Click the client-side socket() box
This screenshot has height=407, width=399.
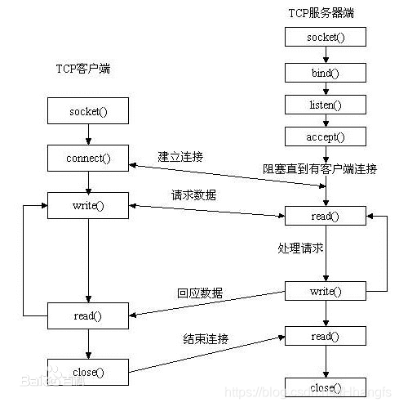[x=88, y=110]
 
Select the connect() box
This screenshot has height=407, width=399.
[x=88, y=157]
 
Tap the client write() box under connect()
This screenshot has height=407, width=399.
[x=88, y=205]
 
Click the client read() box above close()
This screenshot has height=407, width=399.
[x=88, y=315]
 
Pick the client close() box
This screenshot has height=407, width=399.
[x=88, y=373]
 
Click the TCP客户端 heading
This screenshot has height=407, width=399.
[x=77, y=69]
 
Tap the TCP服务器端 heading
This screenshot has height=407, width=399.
[x=321, y=12]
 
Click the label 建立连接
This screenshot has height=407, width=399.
[x=180, y=155]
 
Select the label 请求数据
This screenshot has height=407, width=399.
[x=193, y=195]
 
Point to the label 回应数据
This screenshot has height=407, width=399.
[x=200, y=293]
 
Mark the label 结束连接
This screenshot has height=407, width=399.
[x=206, y=338]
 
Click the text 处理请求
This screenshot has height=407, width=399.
[x=299, y=248]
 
